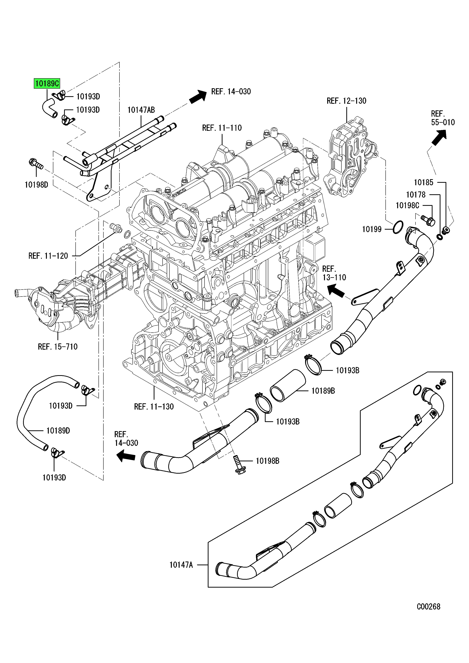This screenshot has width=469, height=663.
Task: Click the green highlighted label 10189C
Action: tap(47, 84)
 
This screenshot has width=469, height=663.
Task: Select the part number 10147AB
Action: tap(141, 110)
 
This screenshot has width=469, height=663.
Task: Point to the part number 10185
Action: tap(423, 183)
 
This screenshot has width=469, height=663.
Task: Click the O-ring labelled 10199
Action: tap(398, 227)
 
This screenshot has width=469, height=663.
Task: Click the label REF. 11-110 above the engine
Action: tap(222, 128)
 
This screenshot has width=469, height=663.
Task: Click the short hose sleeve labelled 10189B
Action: tap(288, 386)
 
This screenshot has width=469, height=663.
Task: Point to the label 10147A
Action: tap(181, 565)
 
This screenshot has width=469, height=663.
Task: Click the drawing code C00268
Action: tap(428, 607)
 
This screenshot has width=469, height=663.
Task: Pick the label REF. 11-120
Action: tap(48, 256)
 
